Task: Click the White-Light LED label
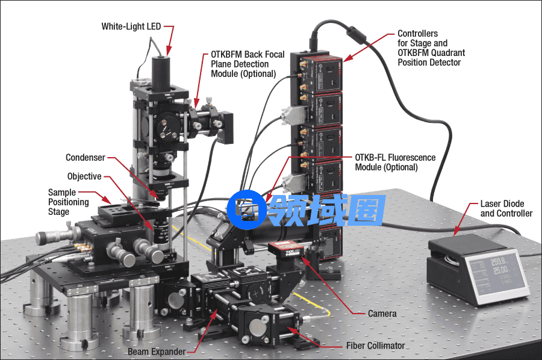(131, 26)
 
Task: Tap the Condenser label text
(86, 158)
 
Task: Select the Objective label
(84, 176)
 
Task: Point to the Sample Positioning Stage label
(69, 202)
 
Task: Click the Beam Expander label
(157, 352)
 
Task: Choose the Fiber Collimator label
(375, 346)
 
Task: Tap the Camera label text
(382, 314)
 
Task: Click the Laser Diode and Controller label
(506, 209)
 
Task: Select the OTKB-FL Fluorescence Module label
(395, 163)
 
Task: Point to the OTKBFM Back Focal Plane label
(248, 64)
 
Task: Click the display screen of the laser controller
(496, 275)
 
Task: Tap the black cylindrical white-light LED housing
(161, 73)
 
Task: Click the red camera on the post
(285, 249)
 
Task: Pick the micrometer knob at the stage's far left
(52, 237)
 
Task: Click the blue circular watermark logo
(246, 209)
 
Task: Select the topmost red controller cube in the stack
(317, 73)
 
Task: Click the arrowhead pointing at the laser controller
(456, 232)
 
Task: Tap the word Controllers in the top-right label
(417, 34)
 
